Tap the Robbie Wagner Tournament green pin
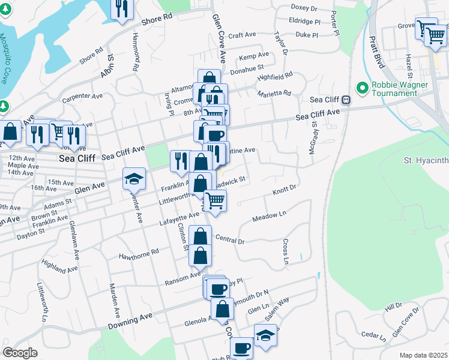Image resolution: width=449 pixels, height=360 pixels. [x=362, y=88]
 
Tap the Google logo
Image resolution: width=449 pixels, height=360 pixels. [x=20, y=352]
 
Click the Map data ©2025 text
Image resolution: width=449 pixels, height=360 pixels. [x=424, y=355]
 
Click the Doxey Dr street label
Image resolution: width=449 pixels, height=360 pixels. [x=304, y=8]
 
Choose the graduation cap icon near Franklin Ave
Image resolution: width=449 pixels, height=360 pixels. [x=134, y=178]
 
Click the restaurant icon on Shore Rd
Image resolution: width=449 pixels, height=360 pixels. [x=122, y=8]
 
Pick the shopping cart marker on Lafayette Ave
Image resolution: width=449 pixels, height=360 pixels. [x=215, y=200]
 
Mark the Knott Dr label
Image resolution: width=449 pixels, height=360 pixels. [x=285, y=190]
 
